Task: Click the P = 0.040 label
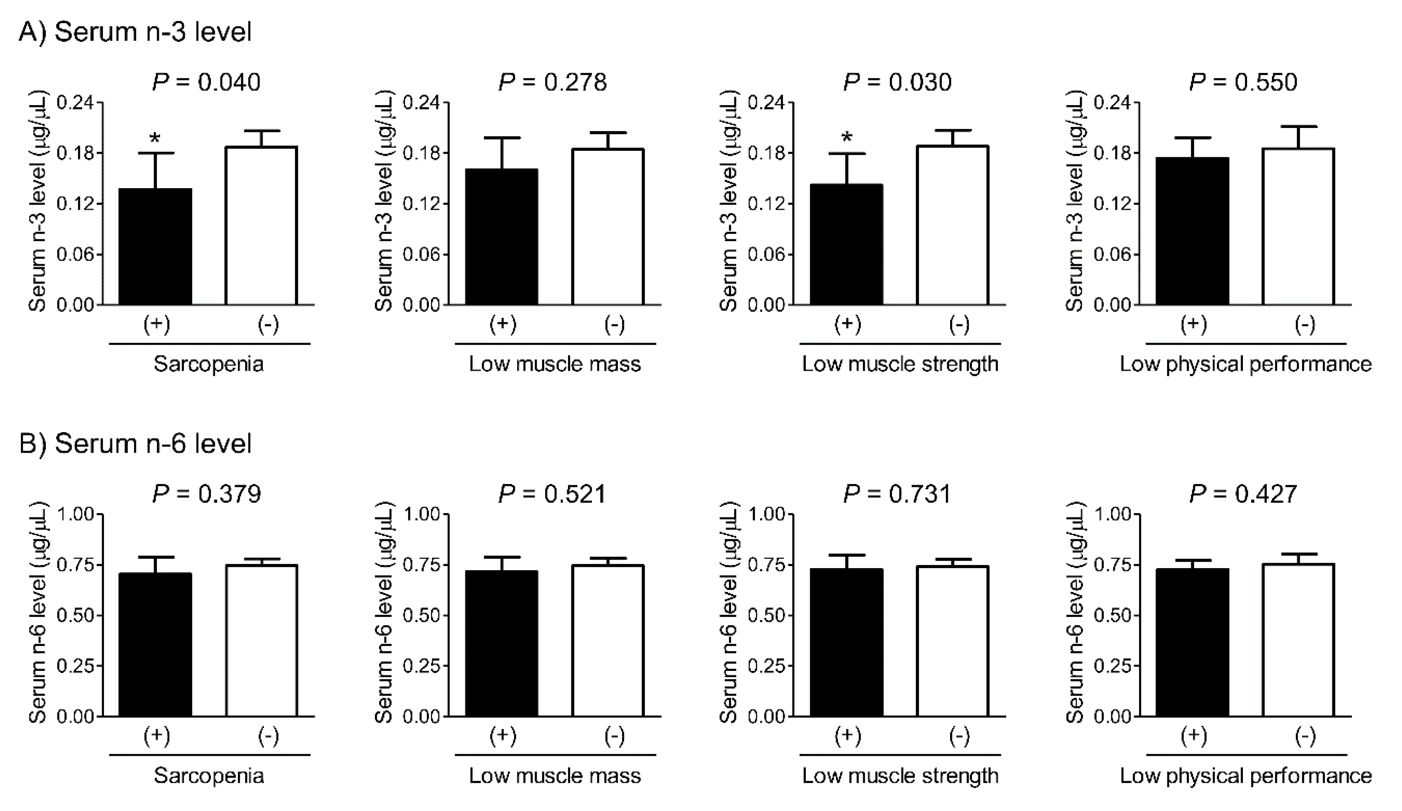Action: (x=206, y=82)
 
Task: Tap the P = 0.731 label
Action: (x=897, y=494)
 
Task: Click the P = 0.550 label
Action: (x=1243, y=82)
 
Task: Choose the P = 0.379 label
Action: (x=206, y=494)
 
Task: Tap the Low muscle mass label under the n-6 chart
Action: (x=555, y=775)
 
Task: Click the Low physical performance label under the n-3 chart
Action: (x=1245, y=364)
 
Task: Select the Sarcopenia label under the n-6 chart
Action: (x=209, y=775)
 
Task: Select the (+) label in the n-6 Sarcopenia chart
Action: (x=157, y=736)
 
